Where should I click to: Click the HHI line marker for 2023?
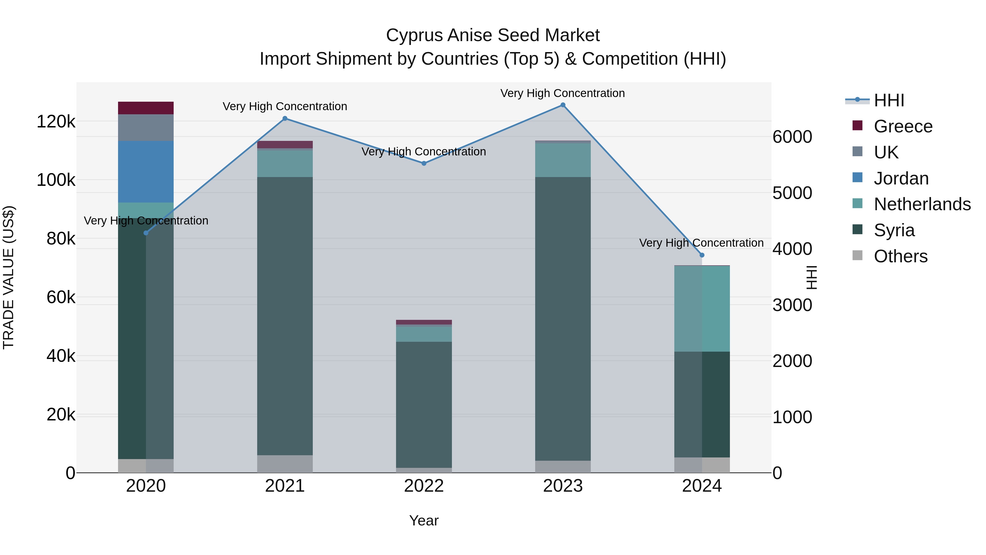click(x=563, y=105)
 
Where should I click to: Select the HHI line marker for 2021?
click(x=285, y=118)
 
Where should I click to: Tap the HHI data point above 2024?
click(x=702, y=255)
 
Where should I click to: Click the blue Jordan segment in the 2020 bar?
click(x=146, y=171)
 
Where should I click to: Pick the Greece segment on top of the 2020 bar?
click(x=146, y=108)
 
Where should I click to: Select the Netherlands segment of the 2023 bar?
click(x=563, y=160)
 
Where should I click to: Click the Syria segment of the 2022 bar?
click(x=424, y=404)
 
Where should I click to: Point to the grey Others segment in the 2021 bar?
click(x=285, y=463)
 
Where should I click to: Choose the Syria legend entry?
click(x=894, y=230)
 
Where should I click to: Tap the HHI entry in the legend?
click(x=889, y=100)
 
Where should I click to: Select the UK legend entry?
click(x=886, y=152)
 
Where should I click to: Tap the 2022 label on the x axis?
click(x=424, y=486)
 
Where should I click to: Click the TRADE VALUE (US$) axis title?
click(x=8, y=277)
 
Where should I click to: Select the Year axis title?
click(x=424, y=520)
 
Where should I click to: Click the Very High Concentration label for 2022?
click(x=424, y=152)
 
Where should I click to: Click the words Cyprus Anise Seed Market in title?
click(x=493, y=35)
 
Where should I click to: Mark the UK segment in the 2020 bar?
click(x=146, y=127)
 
